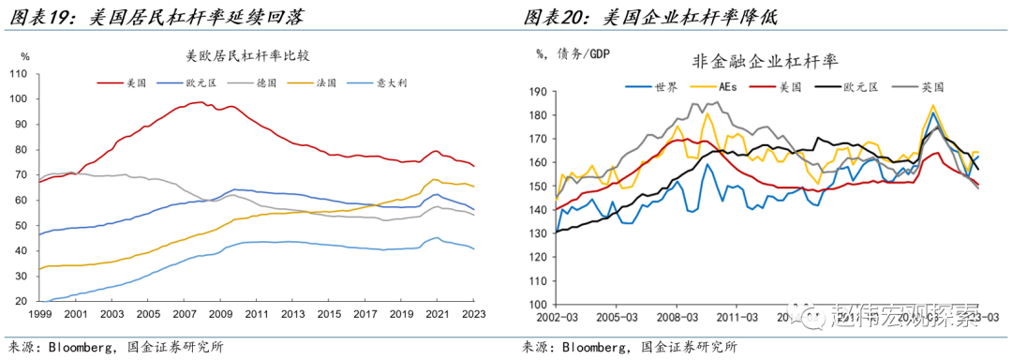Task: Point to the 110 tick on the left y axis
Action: tap(16, 73)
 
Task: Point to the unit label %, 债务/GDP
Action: tap(573, 53)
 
